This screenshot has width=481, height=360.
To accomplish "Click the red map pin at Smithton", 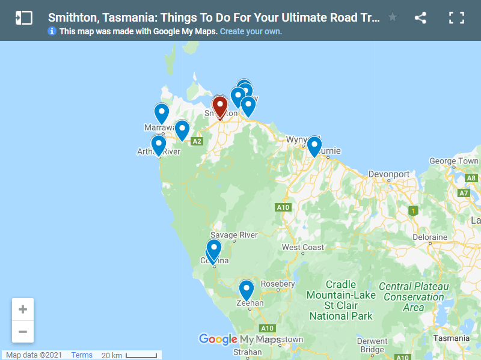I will (220, 106).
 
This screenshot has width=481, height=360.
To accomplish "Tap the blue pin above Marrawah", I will (162, 112).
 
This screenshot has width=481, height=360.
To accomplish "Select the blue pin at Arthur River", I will (159, 144).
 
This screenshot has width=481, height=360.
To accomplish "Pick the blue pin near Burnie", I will (314, 146).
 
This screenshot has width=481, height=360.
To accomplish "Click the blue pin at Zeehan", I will (246, 290).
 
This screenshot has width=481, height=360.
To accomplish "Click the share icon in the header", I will (420, 17).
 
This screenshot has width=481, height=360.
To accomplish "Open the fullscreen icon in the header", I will (456, 17).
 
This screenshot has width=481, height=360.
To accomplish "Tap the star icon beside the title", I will (393, 17).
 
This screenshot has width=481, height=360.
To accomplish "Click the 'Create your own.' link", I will (251, 31).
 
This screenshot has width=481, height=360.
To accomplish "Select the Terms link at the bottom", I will (82, 355).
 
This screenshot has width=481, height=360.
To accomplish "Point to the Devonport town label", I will (389, 174).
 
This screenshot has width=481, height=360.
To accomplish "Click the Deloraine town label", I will (429, 237).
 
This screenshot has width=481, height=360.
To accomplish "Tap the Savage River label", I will (233, 234).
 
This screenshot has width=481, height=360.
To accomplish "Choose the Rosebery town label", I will (278, 284).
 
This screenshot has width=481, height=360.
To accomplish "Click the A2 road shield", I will (196, 141).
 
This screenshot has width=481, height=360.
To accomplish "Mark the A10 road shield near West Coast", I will (283, 207).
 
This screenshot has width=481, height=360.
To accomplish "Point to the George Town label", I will (454, 161).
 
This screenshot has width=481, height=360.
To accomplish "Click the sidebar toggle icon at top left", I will (23, 17).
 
